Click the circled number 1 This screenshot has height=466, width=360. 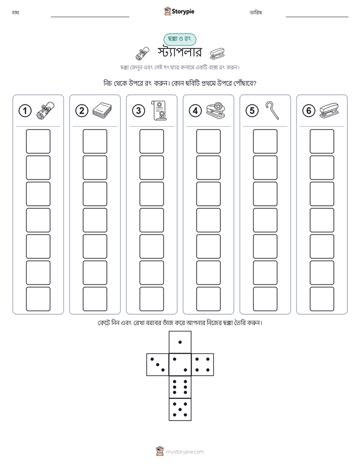coord(25,111)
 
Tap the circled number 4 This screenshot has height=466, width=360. coord(195,111)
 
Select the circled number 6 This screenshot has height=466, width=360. coord(309,111)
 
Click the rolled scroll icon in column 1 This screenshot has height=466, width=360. coord(45,110)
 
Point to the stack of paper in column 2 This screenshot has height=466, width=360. coord(102,110)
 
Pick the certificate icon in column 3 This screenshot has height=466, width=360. coord(159,110)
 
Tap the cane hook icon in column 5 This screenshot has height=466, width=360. coord(272,110)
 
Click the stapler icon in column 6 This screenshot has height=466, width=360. coord(329,110)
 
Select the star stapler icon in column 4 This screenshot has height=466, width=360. coord(216,110)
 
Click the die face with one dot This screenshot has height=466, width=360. coord(180,342)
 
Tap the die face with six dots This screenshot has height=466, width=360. coord(180,387)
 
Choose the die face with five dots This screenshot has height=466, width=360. coord(180,409)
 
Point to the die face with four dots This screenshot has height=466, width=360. coord(203,365)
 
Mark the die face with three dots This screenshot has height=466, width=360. coord(158,365)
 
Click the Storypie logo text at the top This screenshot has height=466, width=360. coord(183,12)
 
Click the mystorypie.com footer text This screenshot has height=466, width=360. coord(185,452)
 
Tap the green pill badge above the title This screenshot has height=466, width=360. coord(179,39)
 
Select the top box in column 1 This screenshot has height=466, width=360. coord(38,141)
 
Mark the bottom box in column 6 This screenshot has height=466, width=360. coord(322,299)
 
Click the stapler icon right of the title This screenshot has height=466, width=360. coord(217,53)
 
